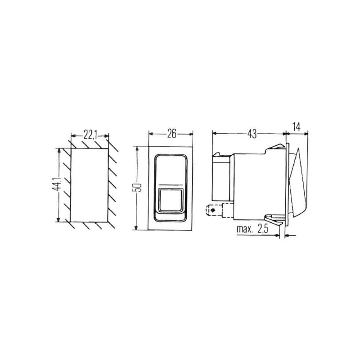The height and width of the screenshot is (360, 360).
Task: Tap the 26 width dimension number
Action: pyautogui.click(x=171, y=134)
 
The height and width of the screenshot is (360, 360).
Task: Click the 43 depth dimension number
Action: pyautogui.click(x=252, y=134)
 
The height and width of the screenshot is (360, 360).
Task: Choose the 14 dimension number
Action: pyautogui.click(x=297, y=127)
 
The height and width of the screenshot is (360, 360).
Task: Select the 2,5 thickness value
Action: pyautogui.click(x=263, y=229)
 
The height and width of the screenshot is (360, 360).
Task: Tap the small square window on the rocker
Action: pyautogui.click(x=171, y=200)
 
